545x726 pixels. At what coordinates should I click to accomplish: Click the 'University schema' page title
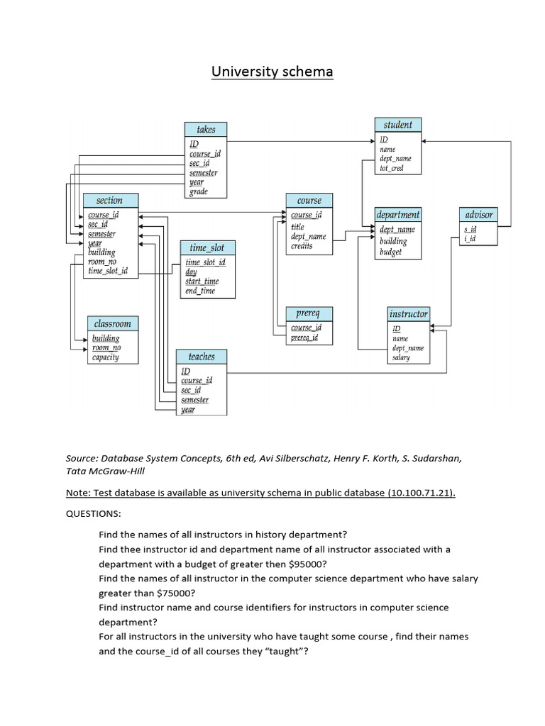(273, 72)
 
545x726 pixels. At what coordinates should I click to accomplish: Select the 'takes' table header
(206, 130)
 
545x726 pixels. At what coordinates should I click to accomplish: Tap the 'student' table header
(397, 125)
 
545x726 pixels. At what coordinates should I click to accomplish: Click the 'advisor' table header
(478, 214)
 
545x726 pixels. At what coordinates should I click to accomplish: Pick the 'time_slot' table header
(207, 247)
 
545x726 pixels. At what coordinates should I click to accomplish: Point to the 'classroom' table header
(113, 323)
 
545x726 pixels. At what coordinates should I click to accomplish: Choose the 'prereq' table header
(309, 313)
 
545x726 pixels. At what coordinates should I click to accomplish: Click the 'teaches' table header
(202, 357)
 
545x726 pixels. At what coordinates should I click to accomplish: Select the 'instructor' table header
(409, 314)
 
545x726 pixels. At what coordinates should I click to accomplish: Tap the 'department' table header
(398, 214)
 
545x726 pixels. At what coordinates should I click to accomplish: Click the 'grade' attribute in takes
(199, 191)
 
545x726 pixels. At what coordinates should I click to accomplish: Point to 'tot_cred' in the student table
(392, 169)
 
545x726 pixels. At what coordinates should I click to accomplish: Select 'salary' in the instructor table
(401, 358)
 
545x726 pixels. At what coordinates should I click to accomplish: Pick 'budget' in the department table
(391, 252)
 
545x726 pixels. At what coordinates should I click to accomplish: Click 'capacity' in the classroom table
(106, 357)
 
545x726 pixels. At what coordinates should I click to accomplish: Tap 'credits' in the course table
(302, 246)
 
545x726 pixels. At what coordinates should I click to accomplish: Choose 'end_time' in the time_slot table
(200, 291)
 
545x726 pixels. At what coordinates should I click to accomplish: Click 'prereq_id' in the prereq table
(305, 338)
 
